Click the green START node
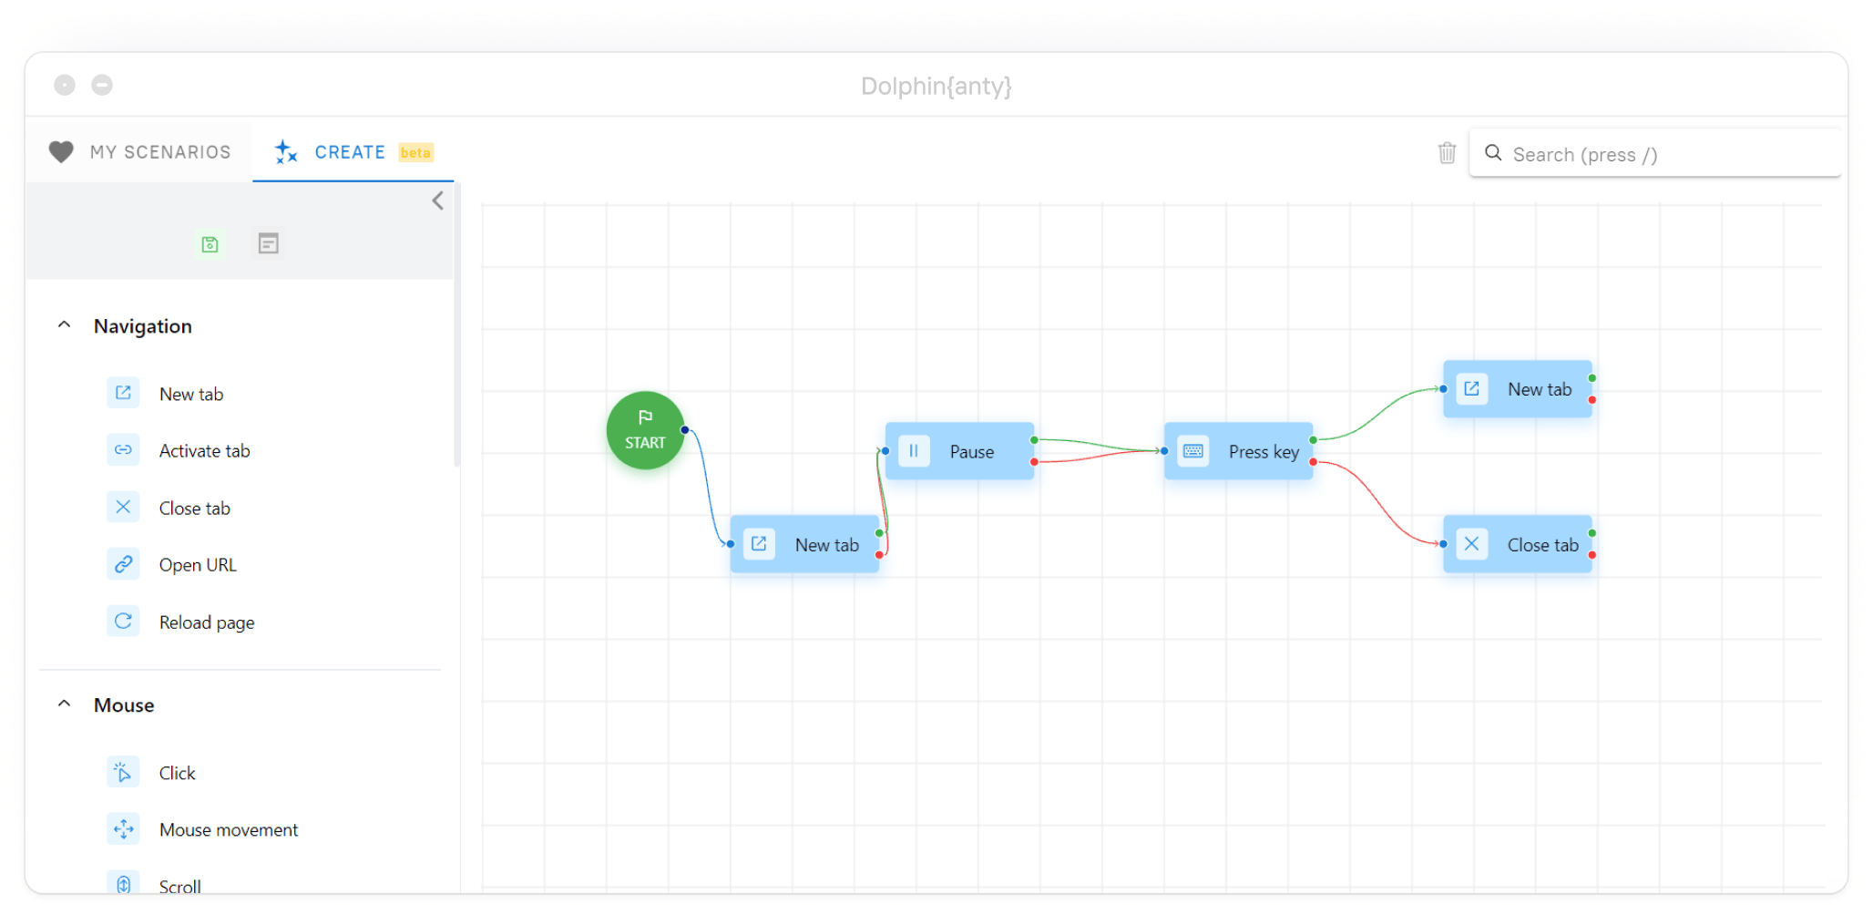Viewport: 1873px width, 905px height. point(645,430)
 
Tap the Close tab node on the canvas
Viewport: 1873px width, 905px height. point(1518,545)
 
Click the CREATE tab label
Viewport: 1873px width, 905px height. point(350,152)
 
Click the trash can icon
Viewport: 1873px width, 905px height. point(1447,153)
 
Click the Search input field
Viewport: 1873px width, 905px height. point(1658,154)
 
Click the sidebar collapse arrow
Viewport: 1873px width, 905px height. point(438,201)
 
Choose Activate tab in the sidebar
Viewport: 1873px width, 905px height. point(204,451)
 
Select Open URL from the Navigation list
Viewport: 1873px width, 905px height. point(198,565)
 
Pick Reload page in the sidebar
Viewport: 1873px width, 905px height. point(207,622)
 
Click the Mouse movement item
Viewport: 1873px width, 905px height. point(228,830)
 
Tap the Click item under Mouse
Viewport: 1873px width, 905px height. point(177,773)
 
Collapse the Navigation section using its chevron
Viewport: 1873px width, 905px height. point(64,325)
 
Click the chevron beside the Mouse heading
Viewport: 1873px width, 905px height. point(64,704)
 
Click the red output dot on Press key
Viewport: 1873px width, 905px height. point(1313,462)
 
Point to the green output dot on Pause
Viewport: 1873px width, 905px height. point(1034,440)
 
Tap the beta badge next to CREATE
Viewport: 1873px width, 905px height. point(415,152)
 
